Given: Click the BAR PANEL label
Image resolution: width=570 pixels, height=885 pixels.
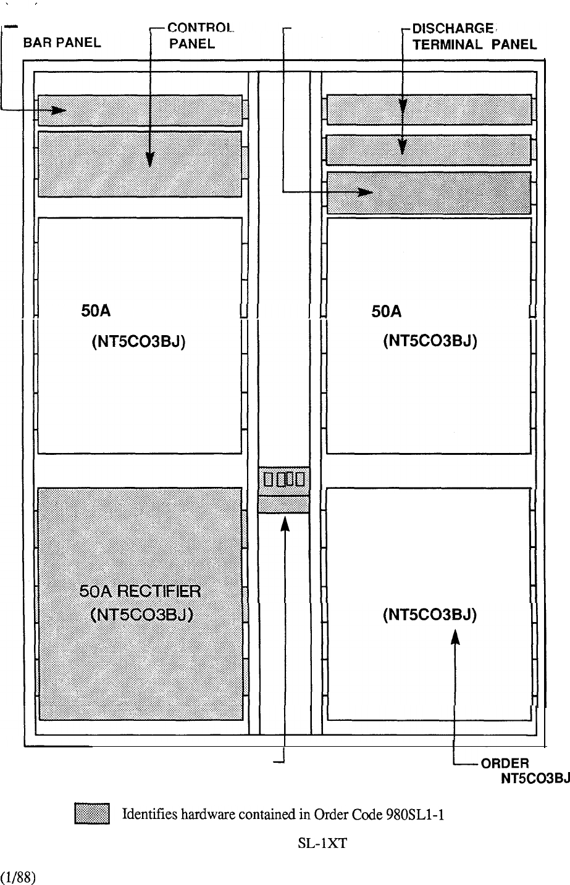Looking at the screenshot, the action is (x=62, y=42).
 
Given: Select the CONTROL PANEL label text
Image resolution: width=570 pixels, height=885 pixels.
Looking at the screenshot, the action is (x=201, y=36).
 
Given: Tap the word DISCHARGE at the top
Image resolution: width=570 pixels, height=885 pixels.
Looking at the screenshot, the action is (x=453, y=28).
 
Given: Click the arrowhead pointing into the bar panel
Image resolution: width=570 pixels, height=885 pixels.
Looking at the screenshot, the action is (x=59, y=110).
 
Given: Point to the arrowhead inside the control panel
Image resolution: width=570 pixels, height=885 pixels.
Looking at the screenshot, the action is (x=150, y=160).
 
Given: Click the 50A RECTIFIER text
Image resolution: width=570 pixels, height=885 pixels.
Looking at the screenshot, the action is (x=140, y=591).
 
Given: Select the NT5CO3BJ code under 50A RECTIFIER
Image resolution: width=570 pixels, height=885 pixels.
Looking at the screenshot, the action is (x=141, y=615).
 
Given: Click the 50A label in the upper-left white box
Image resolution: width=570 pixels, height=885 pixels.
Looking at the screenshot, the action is (x=96, y=311).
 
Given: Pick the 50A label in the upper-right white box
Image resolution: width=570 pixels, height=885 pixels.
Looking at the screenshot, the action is (x=386, y=311).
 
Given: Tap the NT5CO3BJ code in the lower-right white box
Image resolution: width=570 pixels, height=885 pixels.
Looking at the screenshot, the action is (x=430, y=615).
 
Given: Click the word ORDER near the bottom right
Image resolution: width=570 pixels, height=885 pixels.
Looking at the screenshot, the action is (x=505, y=763).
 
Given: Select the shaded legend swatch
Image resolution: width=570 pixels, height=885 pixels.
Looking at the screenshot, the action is (x=92, y=813).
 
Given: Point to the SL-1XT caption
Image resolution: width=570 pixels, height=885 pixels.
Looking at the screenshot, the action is (x=322, y=844).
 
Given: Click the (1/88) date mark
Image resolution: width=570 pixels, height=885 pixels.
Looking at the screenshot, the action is (x=17, y=877).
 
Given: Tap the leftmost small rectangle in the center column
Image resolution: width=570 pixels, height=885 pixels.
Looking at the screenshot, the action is (x=268, y=480).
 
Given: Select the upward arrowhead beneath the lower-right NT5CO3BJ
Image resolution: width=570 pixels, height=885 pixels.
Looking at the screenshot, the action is (x=455, y=637).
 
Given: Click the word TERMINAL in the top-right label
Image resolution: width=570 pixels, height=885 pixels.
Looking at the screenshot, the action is (x=448, y=44).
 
